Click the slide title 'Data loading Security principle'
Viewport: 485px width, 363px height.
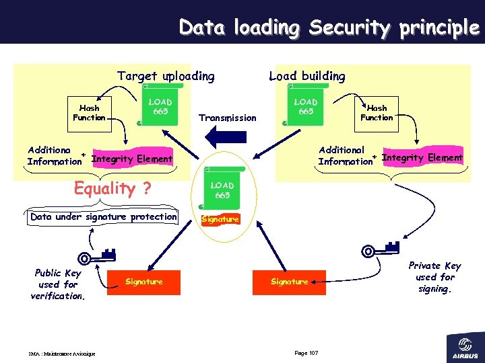click(x=329, y=28)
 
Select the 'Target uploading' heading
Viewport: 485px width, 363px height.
click(x=166, y=76)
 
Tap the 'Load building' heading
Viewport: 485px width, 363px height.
click(x=306, y=76)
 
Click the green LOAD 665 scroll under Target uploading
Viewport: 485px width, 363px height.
click(x=160, y=107)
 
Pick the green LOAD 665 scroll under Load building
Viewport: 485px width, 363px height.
click(x=305, y=107)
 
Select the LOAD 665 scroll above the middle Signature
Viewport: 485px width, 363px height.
click(x=222, y=190)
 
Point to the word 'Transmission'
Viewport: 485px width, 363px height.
click(x=228, y=118)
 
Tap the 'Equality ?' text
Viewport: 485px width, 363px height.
click(x=112, y=188)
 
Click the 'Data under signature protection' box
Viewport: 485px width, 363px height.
click(x=104, y=217)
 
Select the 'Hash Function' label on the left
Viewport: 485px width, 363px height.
click(x=89, y=113)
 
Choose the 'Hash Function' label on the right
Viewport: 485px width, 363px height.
click(x=377, y=113)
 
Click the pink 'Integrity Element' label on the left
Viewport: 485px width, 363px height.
click(x=132, y=159)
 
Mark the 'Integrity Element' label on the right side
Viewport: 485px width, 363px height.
click(x=422, y=158)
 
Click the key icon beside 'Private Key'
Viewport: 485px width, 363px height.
click(x=381, y=250)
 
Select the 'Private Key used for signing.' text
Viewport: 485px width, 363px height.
click(x=434, y=277)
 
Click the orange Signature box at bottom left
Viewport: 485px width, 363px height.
click(x=144, y=282)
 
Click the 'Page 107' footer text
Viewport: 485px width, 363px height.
click(x=306, y=354)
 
